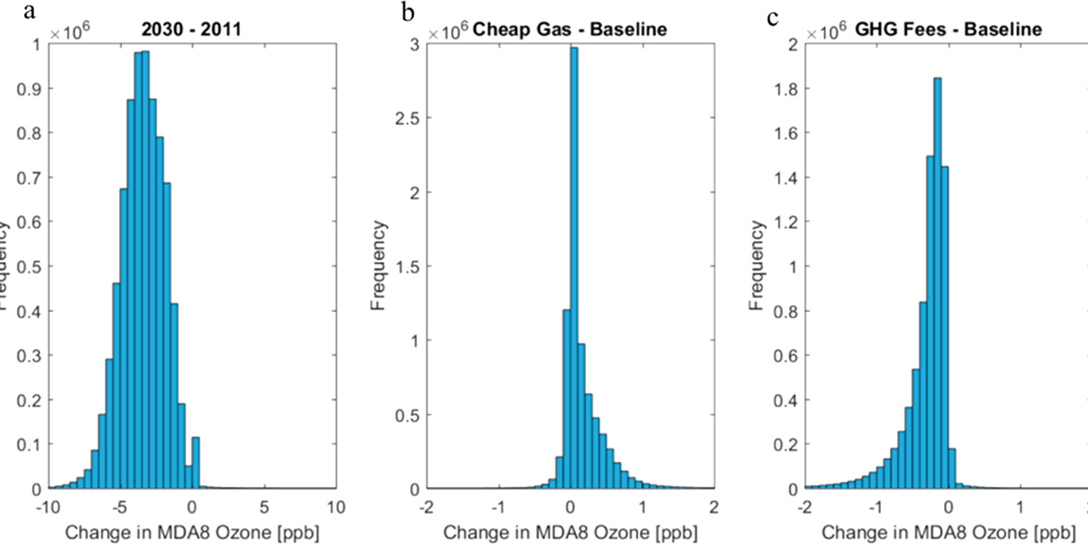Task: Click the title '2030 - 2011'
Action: pos(191,29)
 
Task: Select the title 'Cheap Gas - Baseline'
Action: pos(569,29)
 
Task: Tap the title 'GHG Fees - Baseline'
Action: pos(948,29)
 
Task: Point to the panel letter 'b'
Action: pos(408,12)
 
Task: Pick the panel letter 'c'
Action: pos(772,16)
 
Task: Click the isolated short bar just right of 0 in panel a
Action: pos(196,463)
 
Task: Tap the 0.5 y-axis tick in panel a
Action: pos(29,267)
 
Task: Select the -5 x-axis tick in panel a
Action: pos(119,507)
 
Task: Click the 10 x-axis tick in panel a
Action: pos(336,507)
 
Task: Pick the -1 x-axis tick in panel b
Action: pos(498,507)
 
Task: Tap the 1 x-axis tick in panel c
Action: pos(1020,507)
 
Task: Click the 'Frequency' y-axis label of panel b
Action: pos(378,265)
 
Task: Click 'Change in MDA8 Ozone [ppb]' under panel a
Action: pos(192,532)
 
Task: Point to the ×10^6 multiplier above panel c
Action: pos(826,30)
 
